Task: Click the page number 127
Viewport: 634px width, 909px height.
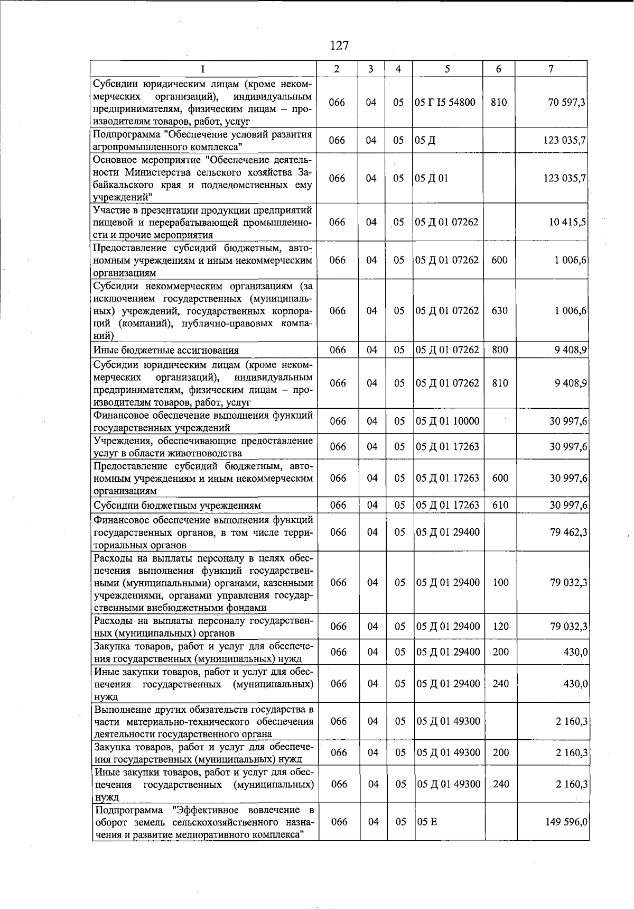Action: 339,45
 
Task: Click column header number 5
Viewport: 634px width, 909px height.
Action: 447,69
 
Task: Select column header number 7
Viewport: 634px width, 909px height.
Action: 551,69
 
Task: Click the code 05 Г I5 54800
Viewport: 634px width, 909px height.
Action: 445,102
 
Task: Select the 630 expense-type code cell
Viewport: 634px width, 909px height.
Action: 499,310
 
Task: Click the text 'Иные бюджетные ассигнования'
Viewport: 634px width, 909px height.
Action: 166,350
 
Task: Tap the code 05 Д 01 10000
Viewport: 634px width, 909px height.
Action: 448,421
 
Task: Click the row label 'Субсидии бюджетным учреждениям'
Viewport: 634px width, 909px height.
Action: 177,506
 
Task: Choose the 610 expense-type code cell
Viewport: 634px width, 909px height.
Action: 500,505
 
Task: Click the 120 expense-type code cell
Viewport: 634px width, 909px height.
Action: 500,627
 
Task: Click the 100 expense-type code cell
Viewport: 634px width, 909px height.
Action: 500,582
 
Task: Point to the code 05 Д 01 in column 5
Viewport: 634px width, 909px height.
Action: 432,178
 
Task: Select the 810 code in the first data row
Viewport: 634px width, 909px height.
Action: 499,102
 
